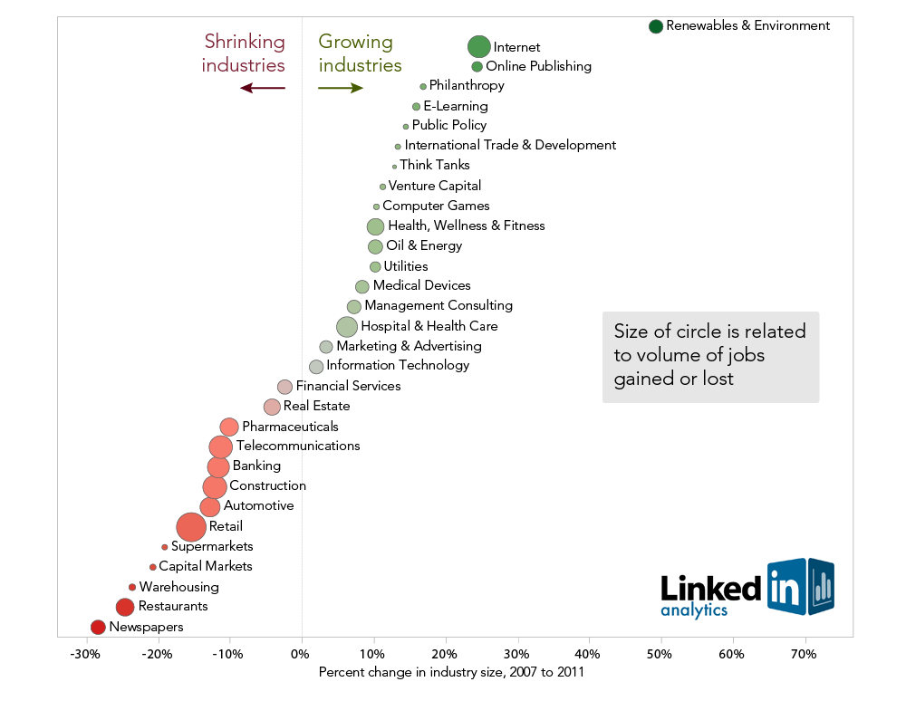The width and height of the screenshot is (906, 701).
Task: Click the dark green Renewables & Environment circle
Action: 656,26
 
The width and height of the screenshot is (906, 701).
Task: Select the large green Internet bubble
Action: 479,46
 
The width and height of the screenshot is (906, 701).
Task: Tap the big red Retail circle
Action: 190,526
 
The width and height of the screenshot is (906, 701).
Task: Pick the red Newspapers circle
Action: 98,627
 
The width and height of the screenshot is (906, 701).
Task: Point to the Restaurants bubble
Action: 125,607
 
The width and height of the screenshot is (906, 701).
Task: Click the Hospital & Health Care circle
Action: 347,326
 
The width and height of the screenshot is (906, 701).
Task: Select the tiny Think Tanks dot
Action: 394,166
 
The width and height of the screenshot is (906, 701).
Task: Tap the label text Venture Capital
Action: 434,186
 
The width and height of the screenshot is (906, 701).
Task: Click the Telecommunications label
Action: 297,446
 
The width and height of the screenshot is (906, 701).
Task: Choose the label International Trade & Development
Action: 510,145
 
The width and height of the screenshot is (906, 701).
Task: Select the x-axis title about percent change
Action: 451,673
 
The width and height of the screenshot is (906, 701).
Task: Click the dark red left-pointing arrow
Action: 263,88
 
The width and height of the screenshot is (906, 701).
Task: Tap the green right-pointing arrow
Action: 341,88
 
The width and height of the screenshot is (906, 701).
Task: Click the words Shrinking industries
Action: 244,53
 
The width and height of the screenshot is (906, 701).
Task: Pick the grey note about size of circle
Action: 710,356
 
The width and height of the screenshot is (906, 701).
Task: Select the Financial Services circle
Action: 284,387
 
